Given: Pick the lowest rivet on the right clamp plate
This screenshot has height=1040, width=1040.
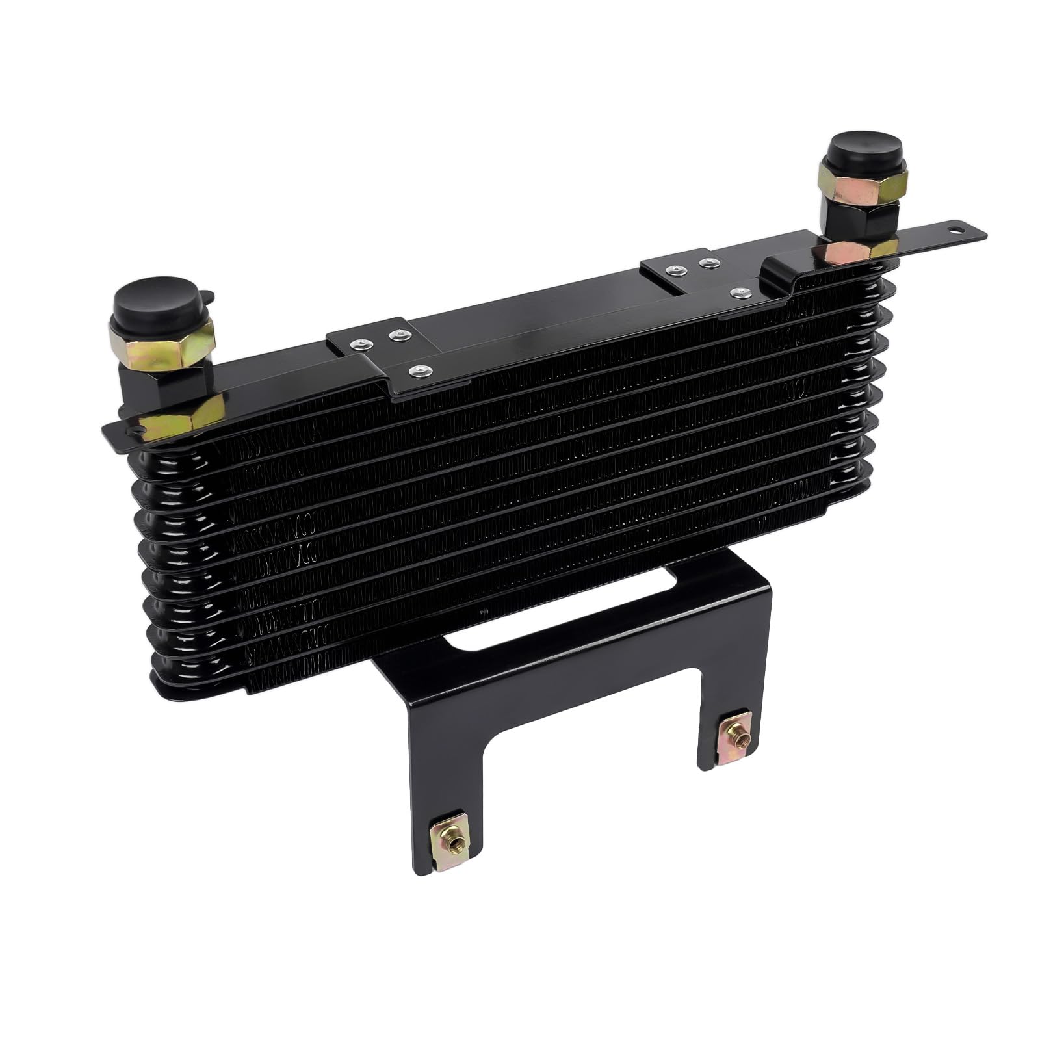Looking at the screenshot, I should pos(738,293).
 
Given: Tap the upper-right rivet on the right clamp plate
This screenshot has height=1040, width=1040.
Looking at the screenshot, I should pos(710,263).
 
